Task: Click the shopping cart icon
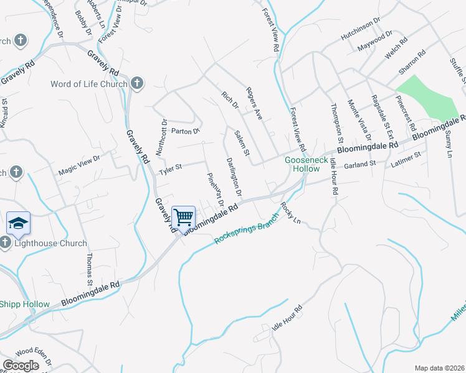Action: click(184, 217)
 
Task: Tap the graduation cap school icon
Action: click(18, 223)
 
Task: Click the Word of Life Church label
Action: click(89, 84)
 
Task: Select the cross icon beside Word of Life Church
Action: click(137, 83)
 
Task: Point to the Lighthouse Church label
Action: click(50, 243)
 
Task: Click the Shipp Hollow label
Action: click(24, 303)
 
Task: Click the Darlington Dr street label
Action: click(234, 175)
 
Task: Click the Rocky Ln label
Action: click(290, 213)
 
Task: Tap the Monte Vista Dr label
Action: click(359, 120)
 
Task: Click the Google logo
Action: click(21, 366)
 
